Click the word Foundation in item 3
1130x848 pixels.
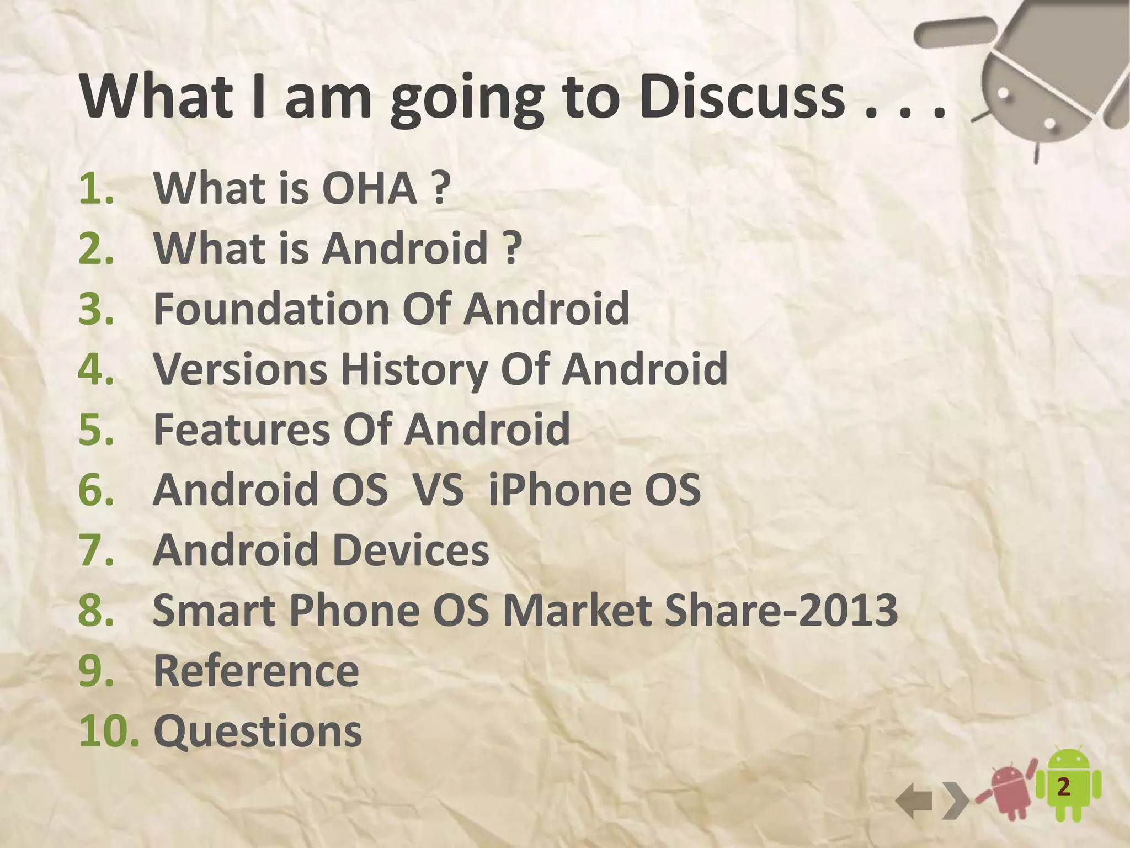point(271,308)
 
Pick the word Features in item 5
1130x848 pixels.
point(241,429)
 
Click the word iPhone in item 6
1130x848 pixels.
point(558,489)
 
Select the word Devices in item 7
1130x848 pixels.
point(411,550)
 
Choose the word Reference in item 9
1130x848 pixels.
point(256,671)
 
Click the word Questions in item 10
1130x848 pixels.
point(258,731)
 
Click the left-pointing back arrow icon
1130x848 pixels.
point(914,802)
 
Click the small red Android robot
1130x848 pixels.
point(1009,793)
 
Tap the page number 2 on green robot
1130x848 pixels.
point(1063,787)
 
